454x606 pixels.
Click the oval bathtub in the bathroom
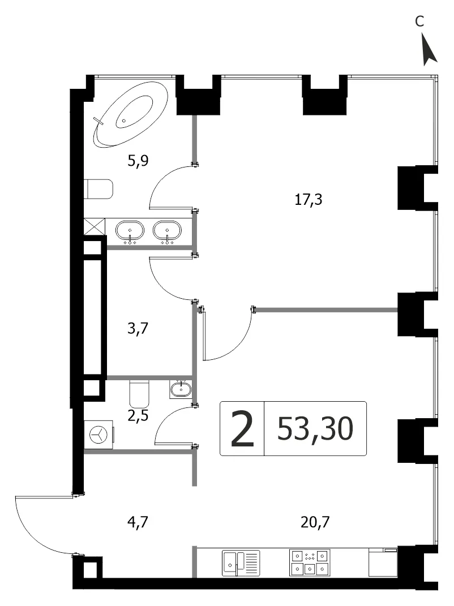click(x=130, y=114)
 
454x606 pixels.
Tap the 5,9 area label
click(x=138, y=160)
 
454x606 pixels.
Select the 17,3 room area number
click(x=308, y=200)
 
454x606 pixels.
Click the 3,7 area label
click(x=138, y=329)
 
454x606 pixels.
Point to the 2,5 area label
click(x=138, y=416)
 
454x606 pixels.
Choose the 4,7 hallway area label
click(x=138, y=522)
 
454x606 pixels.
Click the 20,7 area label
click(x=315, y=522)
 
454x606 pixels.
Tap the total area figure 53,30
click(x=315, y=428)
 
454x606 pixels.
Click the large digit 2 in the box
click(x=242, y=428)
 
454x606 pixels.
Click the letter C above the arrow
click(x=419, y=22)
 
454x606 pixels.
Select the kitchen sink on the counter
click(x=241, y=563)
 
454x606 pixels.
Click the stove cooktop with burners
click(x=310, y=562)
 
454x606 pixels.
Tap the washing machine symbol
click(x=99, y=435)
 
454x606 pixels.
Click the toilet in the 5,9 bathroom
click(x=98, y=189)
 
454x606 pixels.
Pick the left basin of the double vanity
click(x=130, y=231)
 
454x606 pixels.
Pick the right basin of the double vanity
click(x=167, y=231)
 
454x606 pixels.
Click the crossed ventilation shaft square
click(x=95, y=227)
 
